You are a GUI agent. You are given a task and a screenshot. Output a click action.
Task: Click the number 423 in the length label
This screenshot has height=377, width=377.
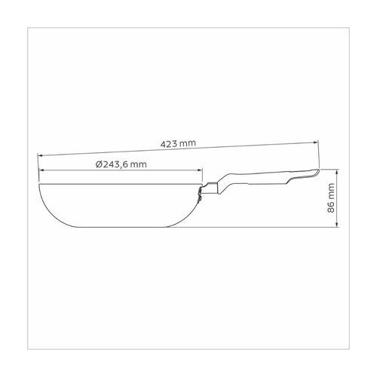tap(169, 144)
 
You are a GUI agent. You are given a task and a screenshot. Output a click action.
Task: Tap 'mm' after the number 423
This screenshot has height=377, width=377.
tap(188, 143)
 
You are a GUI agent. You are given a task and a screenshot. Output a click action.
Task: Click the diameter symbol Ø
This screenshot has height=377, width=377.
tap(99, 164)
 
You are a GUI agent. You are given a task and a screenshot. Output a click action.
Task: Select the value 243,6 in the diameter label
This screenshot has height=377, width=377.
tap(116, 164)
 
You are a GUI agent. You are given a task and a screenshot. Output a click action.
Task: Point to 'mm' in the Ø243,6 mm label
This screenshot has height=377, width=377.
tap(139, 165)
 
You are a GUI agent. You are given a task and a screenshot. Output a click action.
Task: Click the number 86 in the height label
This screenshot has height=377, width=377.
tap(332, 207)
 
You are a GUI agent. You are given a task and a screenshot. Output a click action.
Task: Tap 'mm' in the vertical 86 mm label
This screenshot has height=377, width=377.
tap(332, 191)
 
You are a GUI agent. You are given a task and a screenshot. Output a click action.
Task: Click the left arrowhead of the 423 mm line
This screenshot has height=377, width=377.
tap(40, 155)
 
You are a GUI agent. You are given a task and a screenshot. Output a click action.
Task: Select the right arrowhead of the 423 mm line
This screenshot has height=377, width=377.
tap(316, 143)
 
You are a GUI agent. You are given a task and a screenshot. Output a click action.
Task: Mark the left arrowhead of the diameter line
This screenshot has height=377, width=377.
tap(41, 170)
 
